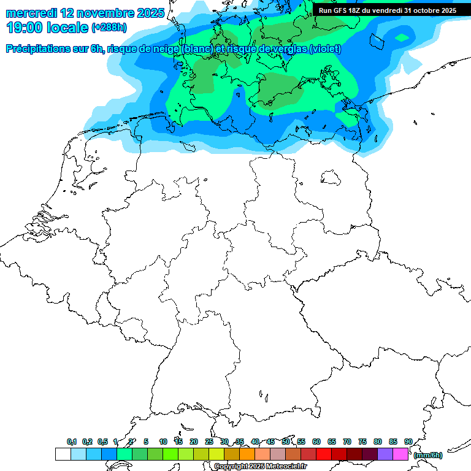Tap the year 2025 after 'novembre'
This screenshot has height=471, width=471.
[148, 12]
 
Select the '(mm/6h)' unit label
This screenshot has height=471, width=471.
[427, 455]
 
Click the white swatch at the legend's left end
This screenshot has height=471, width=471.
[63, 454]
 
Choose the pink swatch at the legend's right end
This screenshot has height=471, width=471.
[400, 454]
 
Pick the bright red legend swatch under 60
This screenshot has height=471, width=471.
[324, 454]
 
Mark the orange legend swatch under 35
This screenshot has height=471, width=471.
[247, 454]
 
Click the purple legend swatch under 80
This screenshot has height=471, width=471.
[385, 454]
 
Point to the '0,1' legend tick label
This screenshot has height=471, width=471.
[71, 442]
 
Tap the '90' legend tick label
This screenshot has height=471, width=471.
[408, 442]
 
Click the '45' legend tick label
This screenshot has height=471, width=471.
[270, 442]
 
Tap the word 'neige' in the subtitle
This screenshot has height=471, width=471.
[164, 49]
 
